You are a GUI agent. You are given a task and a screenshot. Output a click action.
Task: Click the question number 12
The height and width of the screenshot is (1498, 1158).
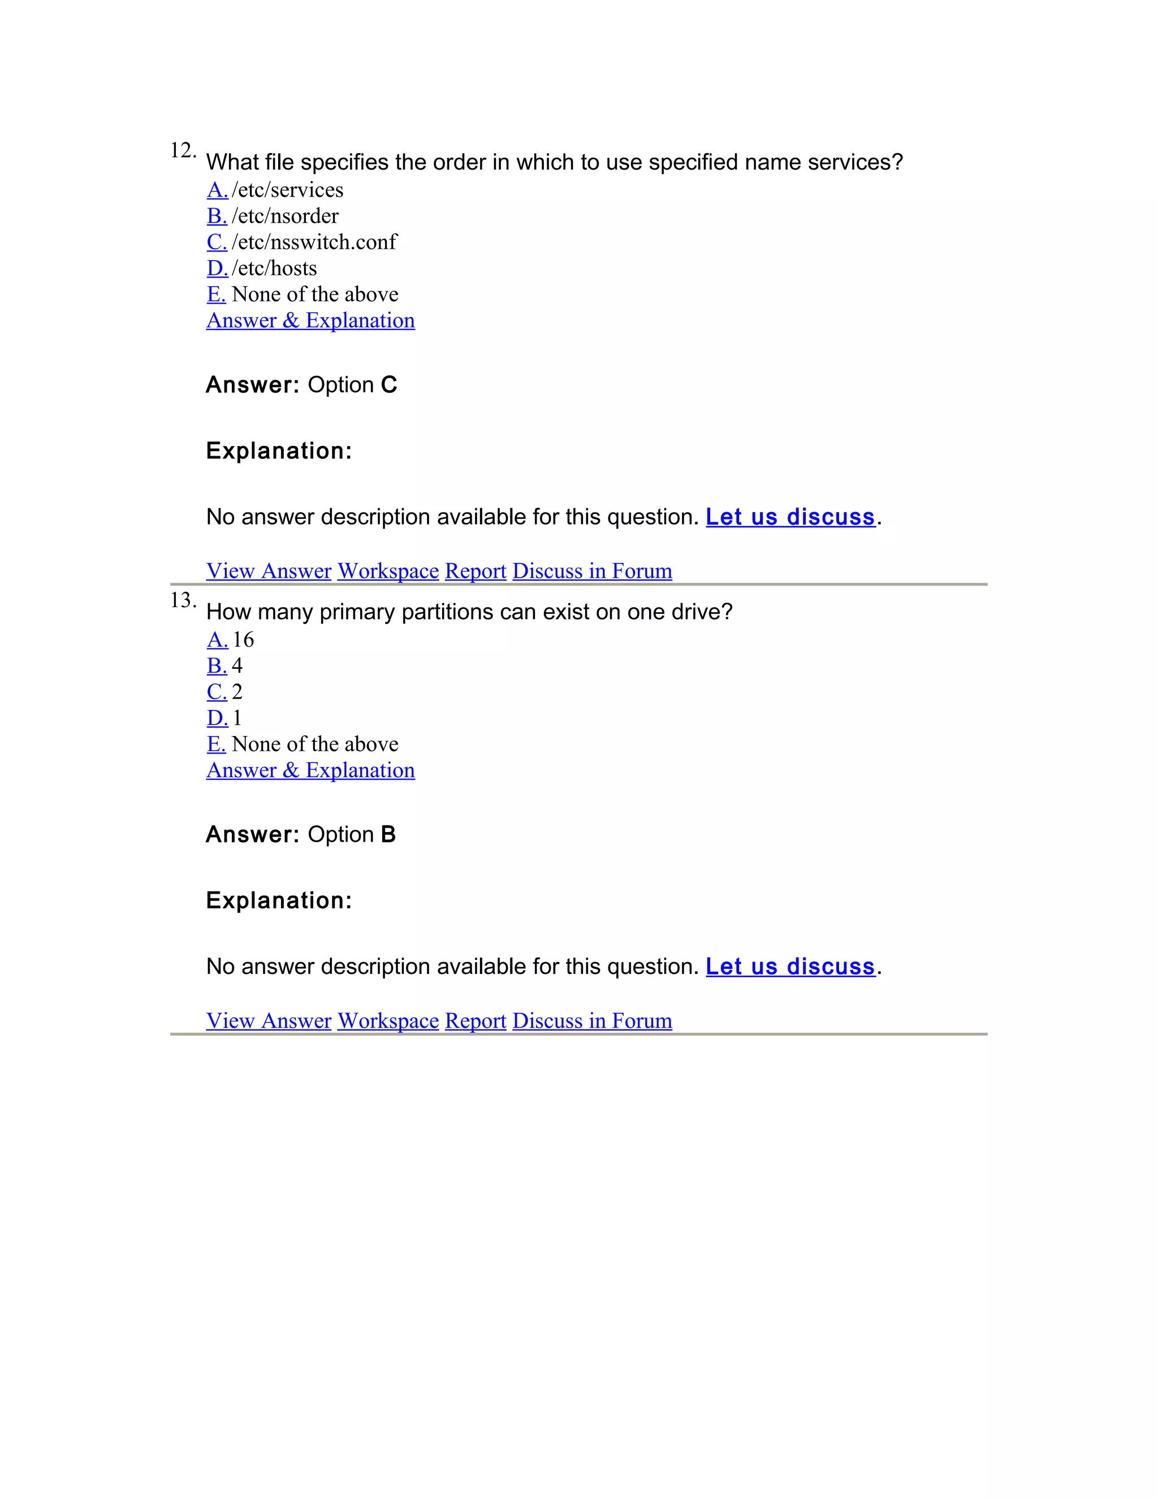pos(182,150)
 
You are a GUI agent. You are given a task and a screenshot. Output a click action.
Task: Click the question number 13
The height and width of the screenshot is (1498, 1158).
pos(182,600)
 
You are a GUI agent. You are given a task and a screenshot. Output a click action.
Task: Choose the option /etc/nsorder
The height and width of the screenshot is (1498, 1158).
pos(285,216)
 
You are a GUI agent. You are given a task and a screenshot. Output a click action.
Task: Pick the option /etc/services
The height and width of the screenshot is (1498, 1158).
pos(287,190)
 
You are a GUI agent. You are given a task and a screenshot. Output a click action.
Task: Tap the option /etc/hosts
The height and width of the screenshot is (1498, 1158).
pos(274,268)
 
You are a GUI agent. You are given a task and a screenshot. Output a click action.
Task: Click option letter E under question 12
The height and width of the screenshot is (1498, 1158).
pos(216,295)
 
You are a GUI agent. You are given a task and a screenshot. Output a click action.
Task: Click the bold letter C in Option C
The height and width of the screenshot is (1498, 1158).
pos(389,385)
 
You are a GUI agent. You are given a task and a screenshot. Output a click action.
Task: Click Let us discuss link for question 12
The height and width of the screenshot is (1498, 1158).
pos(790,517)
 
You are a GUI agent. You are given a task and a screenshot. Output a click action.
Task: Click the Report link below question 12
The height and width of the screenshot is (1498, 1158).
pos(476,571)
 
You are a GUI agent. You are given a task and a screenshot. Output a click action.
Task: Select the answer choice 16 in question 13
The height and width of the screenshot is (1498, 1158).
pos(243,640)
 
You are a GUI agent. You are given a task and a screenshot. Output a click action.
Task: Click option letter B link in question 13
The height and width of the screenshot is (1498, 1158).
pos(217,666)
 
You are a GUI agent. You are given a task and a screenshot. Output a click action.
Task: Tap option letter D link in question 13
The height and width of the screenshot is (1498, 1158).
pos(217,718)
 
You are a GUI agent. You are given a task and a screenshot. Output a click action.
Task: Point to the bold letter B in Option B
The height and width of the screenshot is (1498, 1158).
pos(388,835)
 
